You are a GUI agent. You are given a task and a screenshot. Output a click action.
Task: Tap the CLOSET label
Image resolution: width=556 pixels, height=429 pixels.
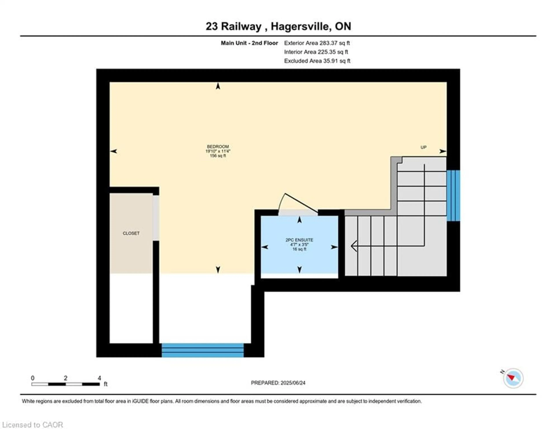pyautogui.click(x=131, y=233)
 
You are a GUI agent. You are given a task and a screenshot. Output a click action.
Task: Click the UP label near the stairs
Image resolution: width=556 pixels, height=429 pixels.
pyautogui.click(x=423, y=147)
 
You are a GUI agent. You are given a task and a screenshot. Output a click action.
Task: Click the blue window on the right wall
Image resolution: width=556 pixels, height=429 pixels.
pyautogui.click(x=453, y=195)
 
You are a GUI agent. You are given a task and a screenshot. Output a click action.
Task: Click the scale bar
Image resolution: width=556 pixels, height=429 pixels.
pyautogui.click(x=65, y=384)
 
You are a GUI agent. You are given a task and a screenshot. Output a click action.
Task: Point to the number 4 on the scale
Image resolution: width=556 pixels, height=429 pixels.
pyautogui.click(x=99, y=378)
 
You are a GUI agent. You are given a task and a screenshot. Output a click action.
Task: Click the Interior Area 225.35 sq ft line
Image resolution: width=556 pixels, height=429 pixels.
pyautogui.click(x=316, y=52)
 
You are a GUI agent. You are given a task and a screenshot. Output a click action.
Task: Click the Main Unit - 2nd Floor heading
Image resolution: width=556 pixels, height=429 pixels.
pyautogui.click(x=249, y=43)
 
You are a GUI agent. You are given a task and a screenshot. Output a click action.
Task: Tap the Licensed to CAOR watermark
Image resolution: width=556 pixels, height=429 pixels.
pyautogui.click(x=32, y=425)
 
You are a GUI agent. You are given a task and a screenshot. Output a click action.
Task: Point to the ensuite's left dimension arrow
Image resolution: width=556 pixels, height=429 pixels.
pyautogui.click(x=265, y=247)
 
